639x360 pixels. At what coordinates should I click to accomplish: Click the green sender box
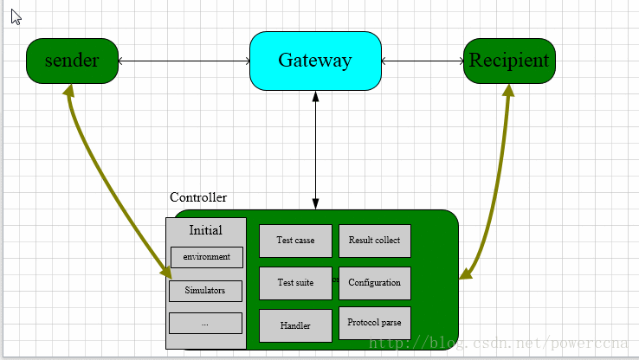pos(72,61)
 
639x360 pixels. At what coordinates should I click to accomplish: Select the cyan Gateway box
pos(315,61)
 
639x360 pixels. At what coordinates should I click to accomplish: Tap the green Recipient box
pos(509,61)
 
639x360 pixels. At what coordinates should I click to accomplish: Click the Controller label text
pos(198,197)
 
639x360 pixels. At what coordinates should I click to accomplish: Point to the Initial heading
pos(205,230)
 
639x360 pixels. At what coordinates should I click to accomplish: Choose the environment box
pos(206,257)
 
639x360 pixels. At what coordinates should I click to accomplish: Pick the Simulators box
pos(205,291)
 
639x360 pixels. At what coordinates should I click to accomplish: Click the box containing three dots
pos(205,323)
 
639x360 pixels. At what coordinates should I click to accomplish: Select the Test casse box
pos(295,241)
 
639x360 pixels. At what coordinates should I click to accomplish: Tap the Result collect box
pos(374,241)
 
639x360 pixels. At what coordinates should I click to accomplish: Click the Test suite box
pos(295,283)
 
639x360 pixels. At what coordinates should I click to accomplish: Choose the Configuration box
pos(374,283)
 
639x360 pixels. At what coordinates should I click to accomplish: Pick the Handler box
pos(295,325)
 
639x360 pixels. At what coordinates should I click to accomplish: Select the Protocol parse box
pos(374,323)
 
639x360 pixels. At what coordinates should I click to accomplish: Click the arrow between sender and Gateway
pos(184,61)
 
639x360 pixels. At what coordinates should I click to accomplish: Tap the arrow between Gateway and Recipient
pos(422,61)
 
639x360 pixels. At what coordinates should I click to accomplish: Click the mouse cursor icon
pos(16,16)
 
